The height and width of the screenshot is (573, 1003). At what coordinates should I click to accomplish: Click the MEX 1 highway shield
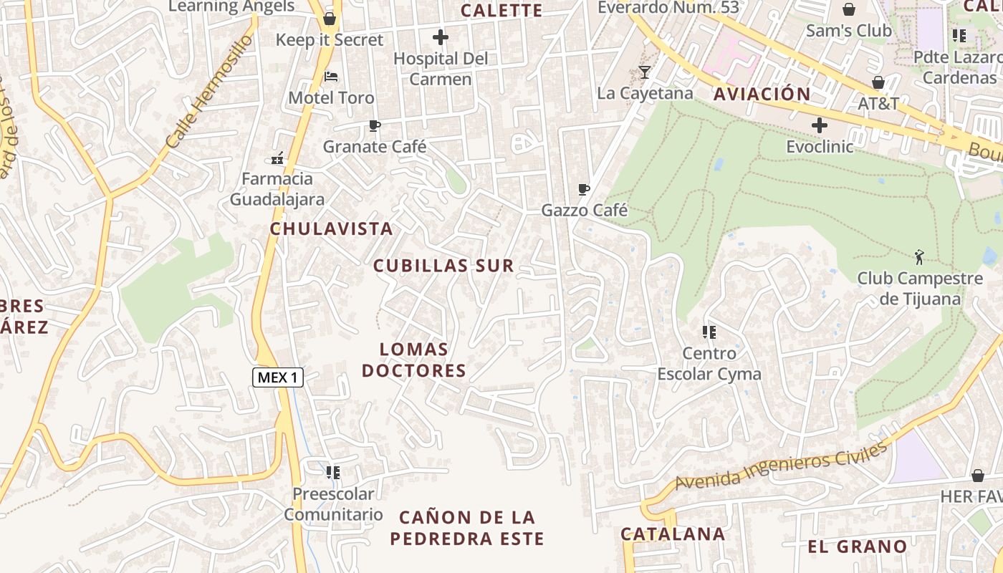(278, 377)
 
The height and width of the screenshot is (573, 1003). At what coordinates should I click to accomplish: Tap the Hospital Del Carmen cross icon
(441, 37)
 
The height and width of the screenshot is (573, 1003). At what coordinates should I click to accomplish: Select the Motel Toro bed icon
(330, 76)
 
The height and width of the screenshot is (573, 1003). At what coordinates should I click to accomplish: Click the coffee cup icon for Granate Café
(374, 126)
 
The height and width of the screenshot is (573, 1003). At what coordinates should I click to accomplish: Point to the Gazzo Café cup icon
(584, 190)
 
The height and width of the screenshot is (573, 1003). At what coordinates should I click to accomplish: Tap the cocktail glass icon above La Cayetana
(645, 72)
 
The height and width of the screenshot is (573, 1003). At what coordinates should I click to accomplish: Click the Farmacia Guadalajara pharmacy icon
(277, 158)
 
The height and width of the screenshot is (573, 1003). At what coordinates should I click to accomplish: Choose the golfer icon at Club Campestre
(920, 256)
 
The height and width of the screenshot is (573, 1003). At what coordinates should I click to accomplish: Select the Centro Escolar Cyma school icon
(709, 332)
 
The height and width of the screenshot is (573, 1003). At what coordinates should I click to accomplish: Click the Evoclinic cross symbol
(820, 125)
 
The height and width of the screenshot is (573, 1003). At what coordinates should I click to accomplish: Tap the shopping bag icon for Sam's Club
(849, 9)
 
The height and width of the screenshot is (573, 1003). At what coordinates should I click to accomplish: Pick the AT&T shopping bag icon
(878, 82)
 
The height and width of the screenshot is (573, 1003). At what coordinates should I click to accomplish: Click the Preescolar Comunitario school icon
(333, 473)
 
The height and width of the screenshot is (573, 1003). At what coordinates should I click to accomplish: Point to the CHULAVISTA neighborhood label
(331, 229)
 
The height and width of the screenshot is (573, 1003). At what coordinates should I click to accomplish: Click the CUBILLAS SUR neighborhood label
(444, 266)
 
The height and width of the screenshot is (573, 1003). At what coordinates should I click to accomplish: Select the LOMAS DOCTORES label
(414, 360)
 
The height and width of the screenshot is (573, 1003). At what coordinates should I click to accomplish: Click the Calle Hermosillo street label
(208, 92)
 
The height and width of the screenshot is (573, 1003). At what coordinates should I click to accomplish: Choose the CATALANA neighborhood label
(673, 534)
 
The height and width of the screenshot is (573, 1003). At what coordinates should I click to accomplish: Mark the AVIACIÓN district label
(762, 94)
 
